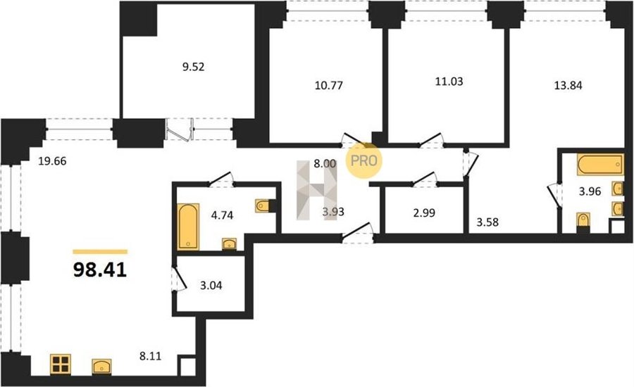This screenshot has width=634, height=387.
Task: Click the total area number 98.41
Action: coord(100,270)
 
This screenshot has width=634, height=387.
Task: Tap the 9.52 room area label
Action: coord(193,67)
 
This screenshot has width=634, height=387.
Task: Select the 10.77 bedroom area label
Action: coord(329,85)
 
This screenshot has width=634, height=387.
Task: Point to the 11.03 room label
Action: coord(449,81)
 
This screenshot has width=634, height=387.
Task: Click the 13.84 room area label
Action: coord(568,85)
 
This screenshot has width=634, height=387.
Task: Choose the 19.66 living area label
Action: coord(52,162)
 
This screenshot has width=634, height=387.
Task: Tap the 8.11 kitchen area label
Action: coord(150,356)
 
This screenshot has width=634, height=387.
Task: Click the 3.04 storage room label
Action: coord(211,286)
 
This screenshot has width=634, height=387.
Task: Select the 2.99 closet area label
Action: coord(424,212)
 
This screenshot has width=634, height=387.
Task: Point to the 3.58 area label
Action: coord(487,222)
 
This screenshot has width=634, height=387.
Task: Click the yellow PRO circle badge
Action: coord(363,160)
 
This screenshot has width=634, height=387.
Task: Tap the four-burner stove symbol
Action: coord(61,364)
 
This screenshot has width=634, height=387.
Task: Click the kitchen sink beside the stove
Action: coord(102,367)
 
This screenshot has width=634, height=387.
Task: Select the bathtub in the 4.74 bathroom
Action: coord(188,227)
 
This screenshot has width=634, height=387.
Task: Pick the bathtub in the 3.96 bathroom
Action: coord(600,165)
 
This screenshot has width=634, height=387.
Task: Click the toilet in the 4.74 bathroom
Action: coord(263,205)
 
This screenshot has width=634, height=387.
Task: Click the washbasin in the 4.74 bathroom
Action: coord(229,244)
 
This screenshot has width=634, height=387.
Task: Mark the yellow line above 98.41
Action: coord(100,252)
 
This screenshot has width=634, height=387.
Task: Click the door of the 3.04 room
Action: coord(179,279)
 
